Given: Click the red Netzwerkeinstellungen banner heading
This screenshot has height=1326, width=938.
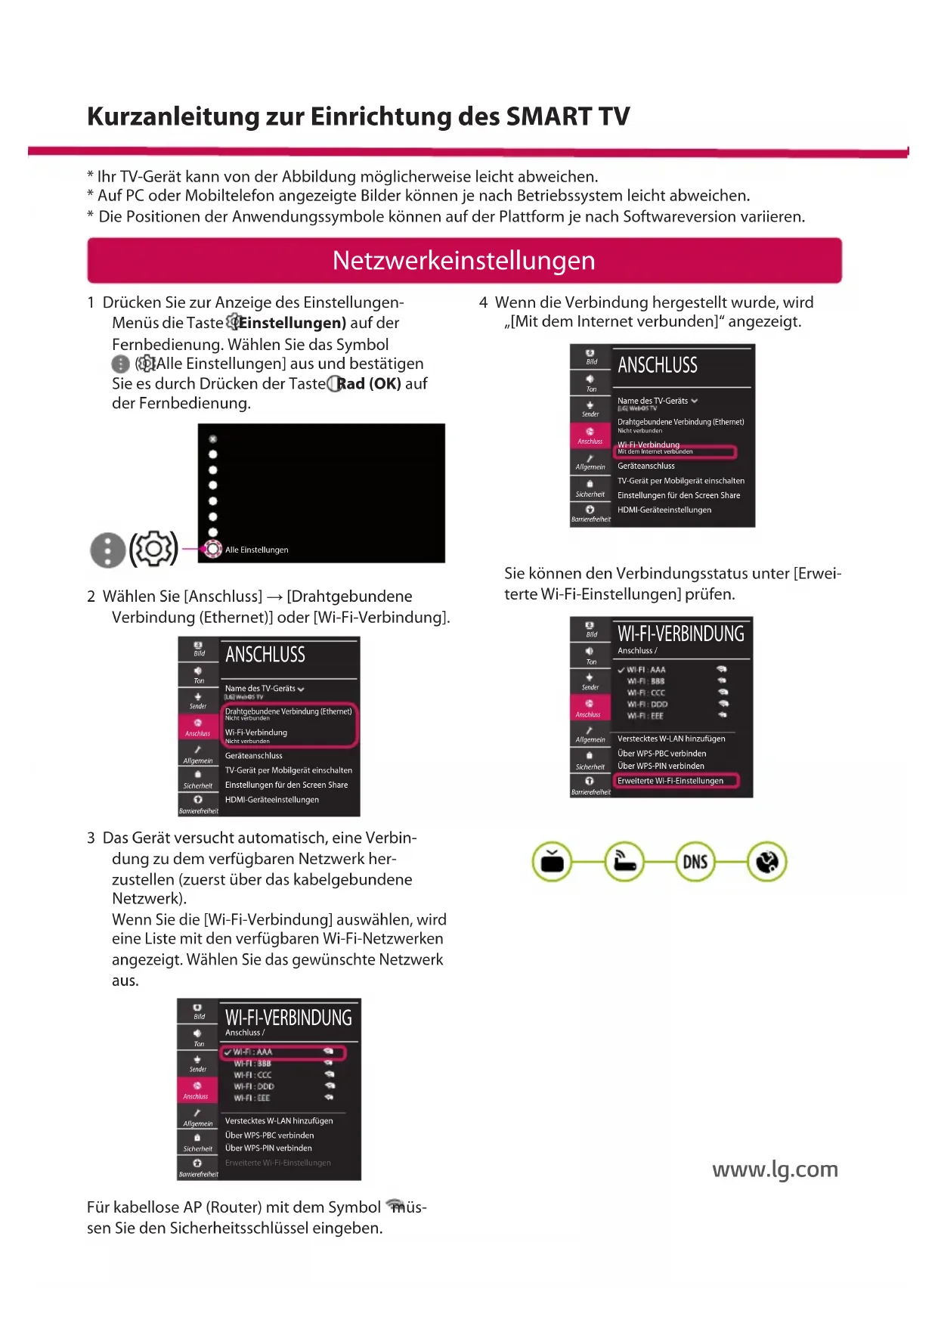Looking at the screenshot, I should [464, 261].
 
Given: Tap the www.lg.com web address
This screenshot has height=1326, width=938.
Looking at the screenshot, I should [775, 1169].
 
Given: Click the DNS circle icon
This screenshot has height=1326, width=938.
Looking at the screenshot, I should [695, 862].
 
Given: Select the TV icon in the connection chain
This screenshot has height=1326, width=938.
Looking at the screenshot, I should [553, 862].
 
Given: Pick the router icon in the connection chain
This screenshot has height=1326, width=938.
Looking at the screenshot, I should [624, 862].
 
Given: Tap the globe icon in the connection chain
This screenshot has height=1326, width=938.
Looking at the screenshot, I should [767, 862].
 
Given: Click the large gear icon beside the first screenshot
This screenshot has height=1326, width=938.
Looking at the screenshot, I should [153, 549].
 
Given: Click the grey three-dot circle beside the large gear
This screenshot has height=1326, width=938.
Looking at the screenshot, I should [108, 550].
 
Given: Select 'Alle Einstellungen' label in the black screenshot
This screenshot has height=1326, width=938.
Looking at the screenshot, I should [256, 550].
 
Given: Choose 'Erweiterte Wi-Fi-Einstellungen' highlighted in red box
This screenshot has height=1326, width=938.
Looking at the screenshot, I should [670, 781].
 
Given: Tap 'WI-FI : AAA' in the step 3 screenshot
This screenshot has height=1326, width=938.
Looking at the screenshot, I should [253, 1052].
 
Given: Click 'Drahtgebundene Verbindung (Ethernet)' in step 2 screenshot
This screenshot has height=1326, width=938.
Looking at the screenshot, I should [288, 711].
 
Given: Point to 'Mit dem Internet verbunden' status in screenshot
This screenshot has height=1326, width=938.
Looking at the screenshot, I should [655, 452].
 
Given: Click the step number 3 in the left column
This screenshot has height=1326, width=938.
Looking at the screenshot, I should [91, 838].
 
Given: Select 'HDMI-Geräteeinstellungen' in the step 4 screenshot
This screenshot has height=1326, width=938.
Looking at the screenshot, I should [664, 510].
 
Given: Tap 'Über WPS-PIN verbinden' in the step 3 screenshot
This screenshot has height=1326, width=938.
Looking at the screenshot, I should [268, 1148].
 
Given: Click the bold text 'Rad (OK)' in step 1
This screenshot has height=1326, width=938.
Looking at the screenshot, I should [369, 383].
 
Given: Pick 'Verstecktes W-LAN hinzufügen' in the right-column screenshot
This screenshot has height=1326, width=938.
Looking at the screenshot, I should [671, 739].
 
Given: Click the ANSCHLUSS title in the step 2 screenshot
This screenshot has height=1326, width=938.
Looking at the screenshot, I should [265, 655].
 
